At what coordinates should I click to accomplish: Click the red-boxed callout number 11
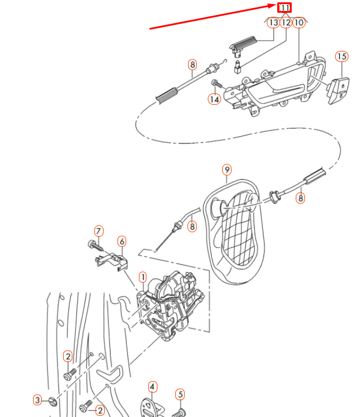click(285, 8)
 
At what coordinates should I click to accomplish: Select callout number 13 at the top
click(273, 23)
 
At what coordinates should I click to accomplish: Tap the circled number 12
click(286, 23)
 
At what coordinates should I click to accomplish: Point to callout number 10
click(299, 23)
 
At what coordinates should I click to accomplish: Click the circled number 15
click(341, 56)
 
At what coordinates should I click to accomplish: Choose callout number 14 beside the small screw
click(214, 99)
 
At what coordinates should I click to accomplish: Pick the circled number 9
click(227, 170)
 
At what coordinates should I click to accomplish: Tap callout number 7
click(98, 231)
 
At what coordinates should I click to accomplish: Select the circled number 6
click(122, 240)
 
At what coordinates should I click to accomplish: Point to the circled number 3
click(37, 400)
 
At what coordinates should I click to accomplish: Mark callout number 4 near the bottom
click(152, 386)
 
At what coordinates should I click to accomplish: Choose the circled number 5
click(180, 395)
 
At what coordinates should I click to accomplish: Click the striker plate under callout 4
click(152, 408)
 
